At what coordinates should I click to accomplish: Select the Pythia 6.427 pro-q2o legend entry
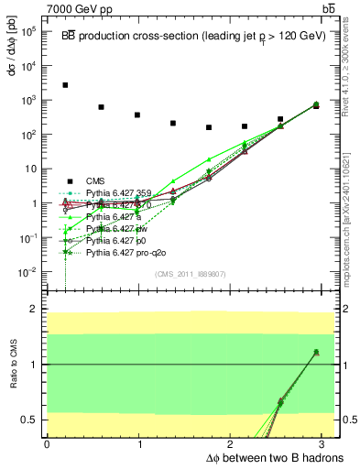tap(122, 252)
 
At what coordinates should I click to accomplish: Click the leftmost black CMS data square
tap(65, 85)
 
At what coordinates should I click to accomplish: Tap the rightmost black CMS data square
tap(316, 106)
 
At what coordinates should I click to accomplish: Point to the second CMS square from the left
tap(101, 107)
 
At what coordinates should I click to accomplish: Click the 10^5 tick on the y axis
tap(28, 30)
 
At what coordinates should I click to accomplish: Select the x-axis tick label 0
tap(47, 443)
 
